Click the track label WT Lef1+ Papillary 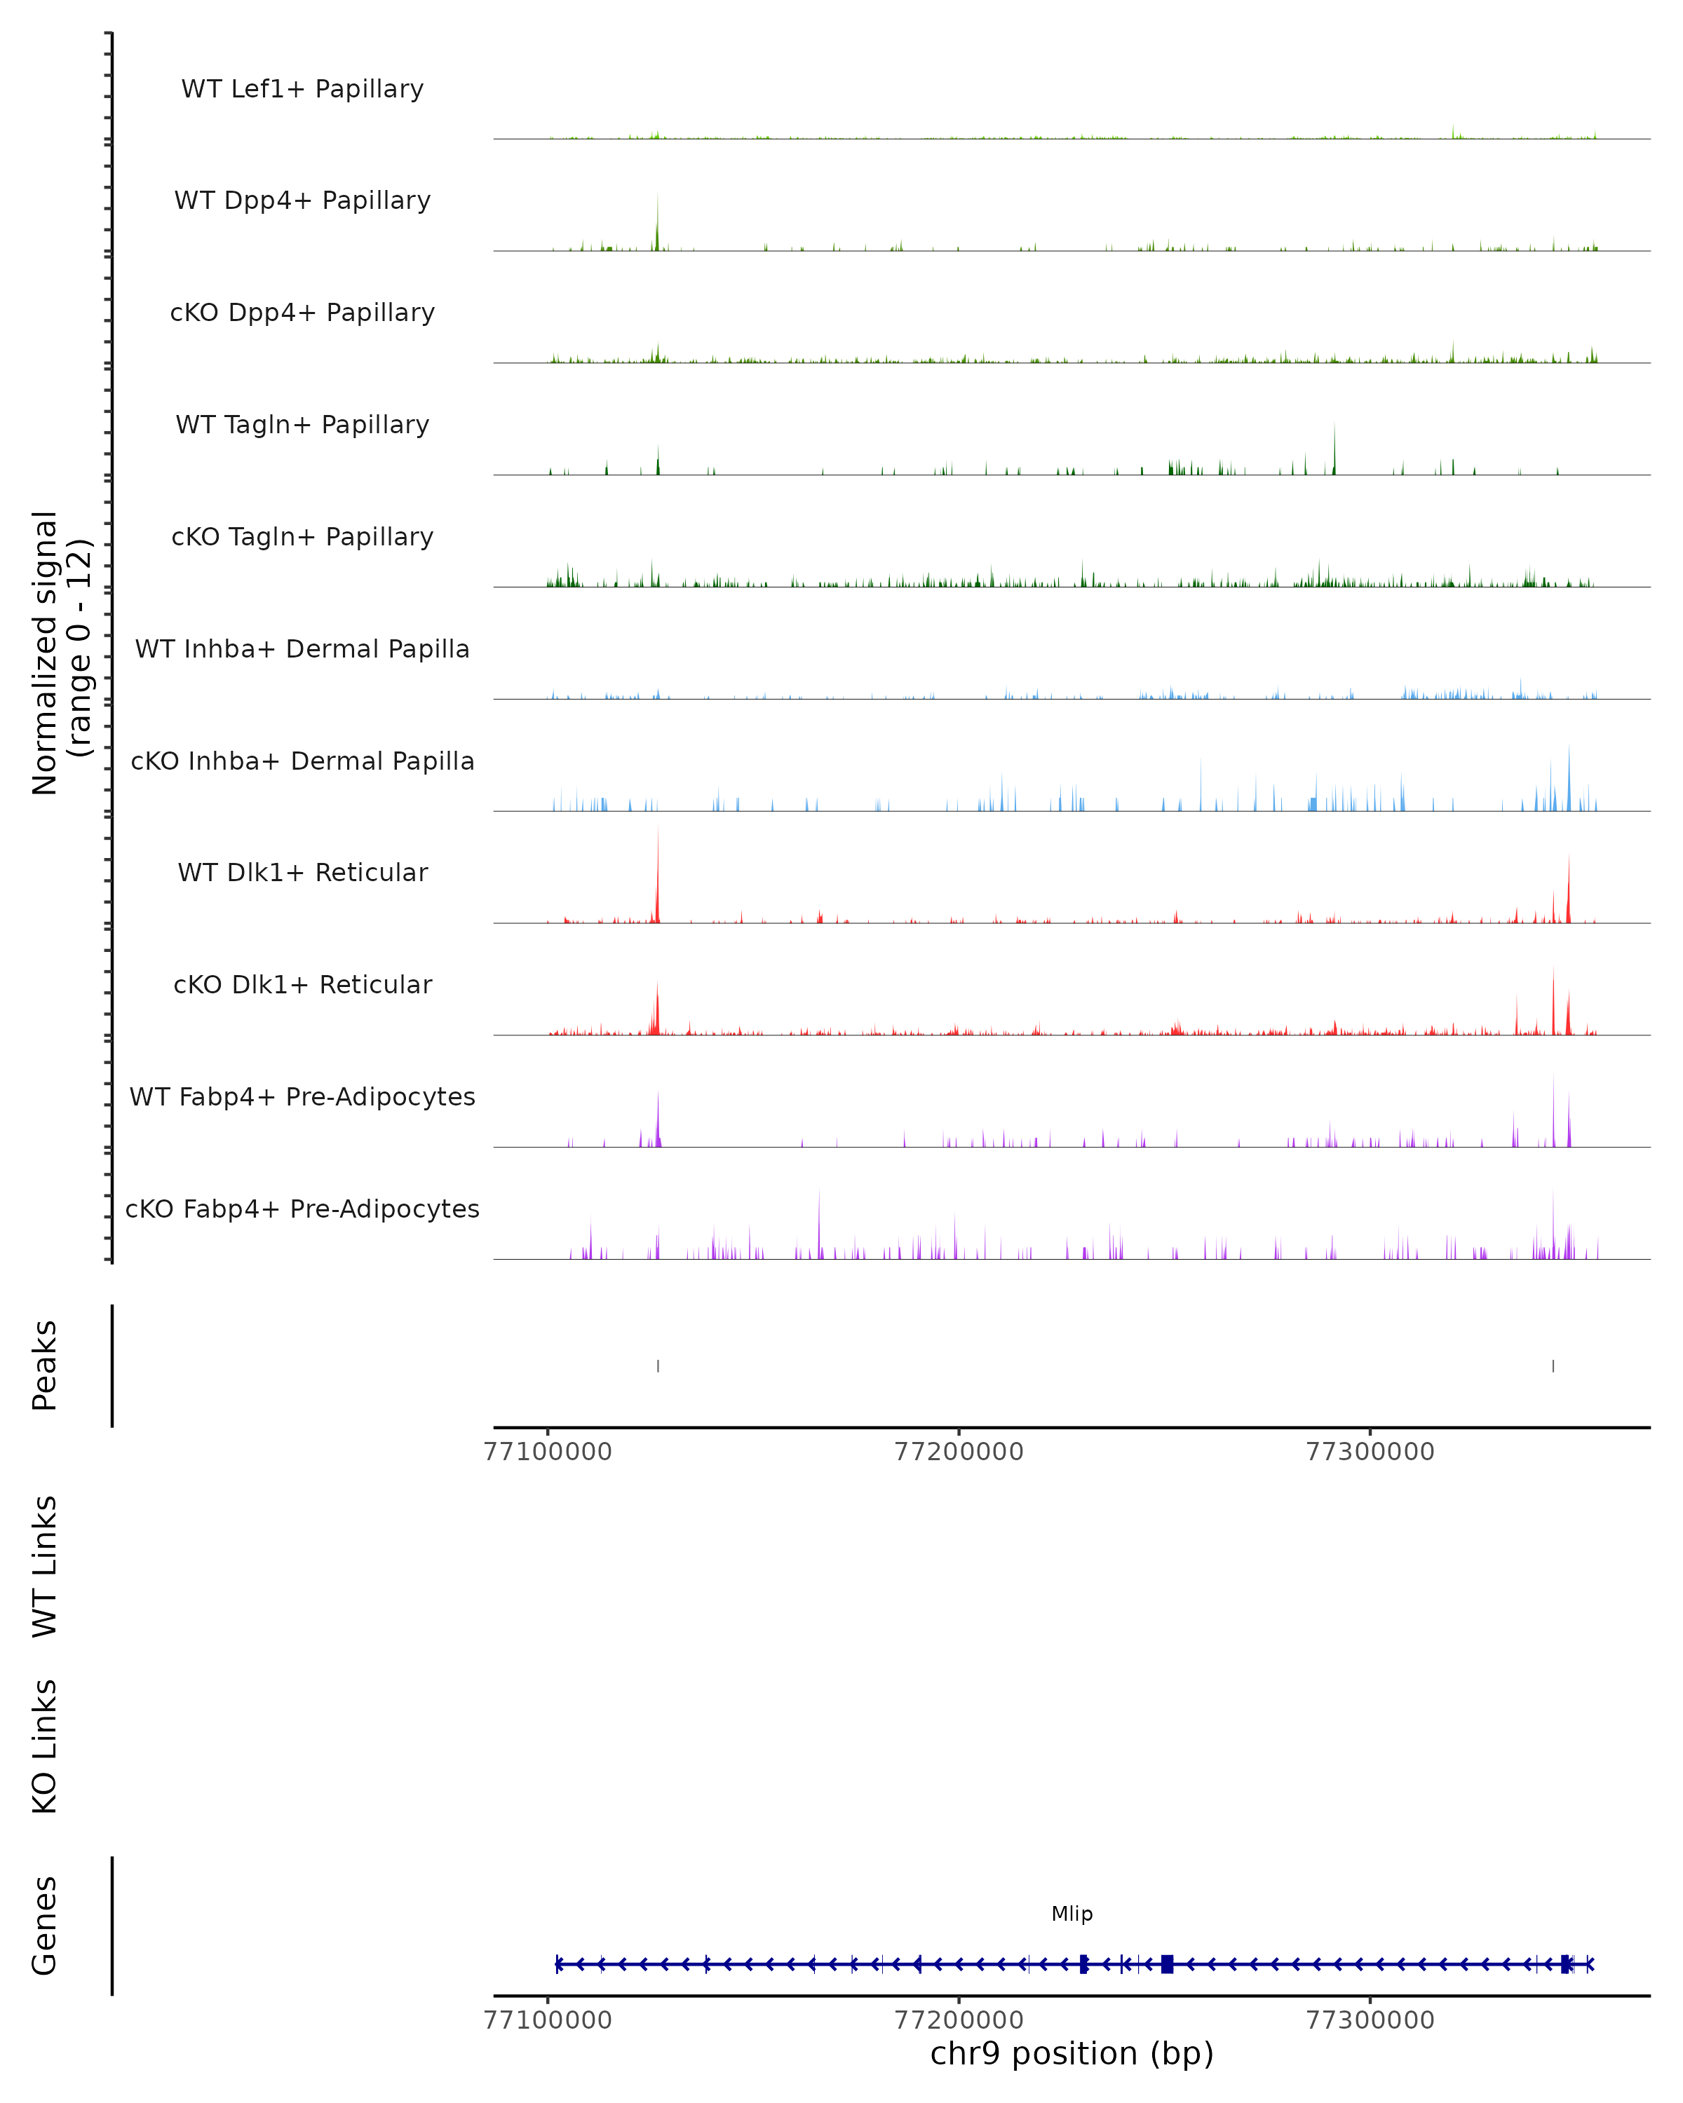point(302,89)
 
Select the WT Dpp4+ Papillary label point(302,201)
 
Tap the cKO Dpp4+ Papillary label point(302,313)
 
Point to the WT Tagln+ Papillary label point(302,426)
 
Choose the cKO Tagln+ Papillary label point(302,538)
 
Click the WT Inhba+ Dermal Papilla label point(302,650)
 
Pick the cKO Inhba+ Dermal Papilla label point(302,762)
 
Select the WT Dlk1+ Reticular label point(302,873)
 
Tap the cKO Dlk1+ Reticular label point(302,985)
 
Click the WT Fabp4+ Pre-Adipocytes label point(302,1097)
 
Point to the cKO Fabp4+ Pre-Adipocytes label point(302,1209)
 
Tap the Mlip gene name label point(1072,1914)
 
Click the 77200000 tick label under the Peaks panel point(959,1452)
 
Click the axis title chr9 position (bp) point(1072,2054)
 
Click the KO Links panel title point(45,1746)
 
